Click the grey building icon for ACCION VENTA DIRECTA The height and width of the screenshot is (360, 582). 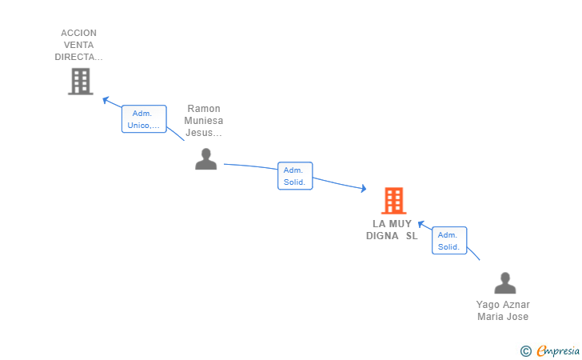click(x=80, y=82)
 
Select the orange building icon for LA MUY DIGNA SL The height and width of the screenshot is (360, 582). click(x=393, y=201)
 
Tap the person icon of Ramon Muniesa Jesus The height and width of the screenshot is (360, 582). click(x=206, y=159)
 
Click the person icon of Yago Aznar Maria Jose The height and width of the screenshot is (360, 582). click(x=505, y=283)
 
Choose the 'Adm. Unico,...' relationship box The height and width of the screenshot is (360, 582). click(x=144, y=119)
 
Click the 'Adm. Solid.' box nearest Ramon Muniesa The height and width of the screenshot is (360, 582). click(x=295, y=176)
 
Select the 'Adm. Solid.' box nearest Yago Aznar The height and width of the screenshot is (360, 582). click(x=449, y=241)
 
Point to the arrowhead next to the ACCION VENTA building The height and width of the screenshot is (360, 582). click(x=106, y=99)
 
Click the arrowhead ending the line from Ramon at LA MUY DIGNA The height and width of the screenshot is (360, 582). click(x=363, y=189)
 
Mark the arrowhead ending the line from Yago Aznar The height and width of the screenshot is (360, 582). click(x=422, y=224)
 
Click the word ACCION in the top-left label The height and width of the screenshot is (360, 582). click(x=78, y=34)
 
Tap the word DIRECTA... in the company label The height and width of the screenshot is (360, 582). click(x=78, y=58)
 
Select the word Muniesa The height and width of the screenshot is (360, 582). click(x=203, y=121)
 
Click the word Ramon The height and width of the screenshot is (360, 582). click(x=203, y=109)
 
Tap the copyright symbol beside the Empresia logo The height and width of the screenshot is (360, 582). click(x=525, y=350)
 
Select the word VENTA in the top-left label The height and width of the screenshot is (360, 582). click(x=78, y=46)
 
